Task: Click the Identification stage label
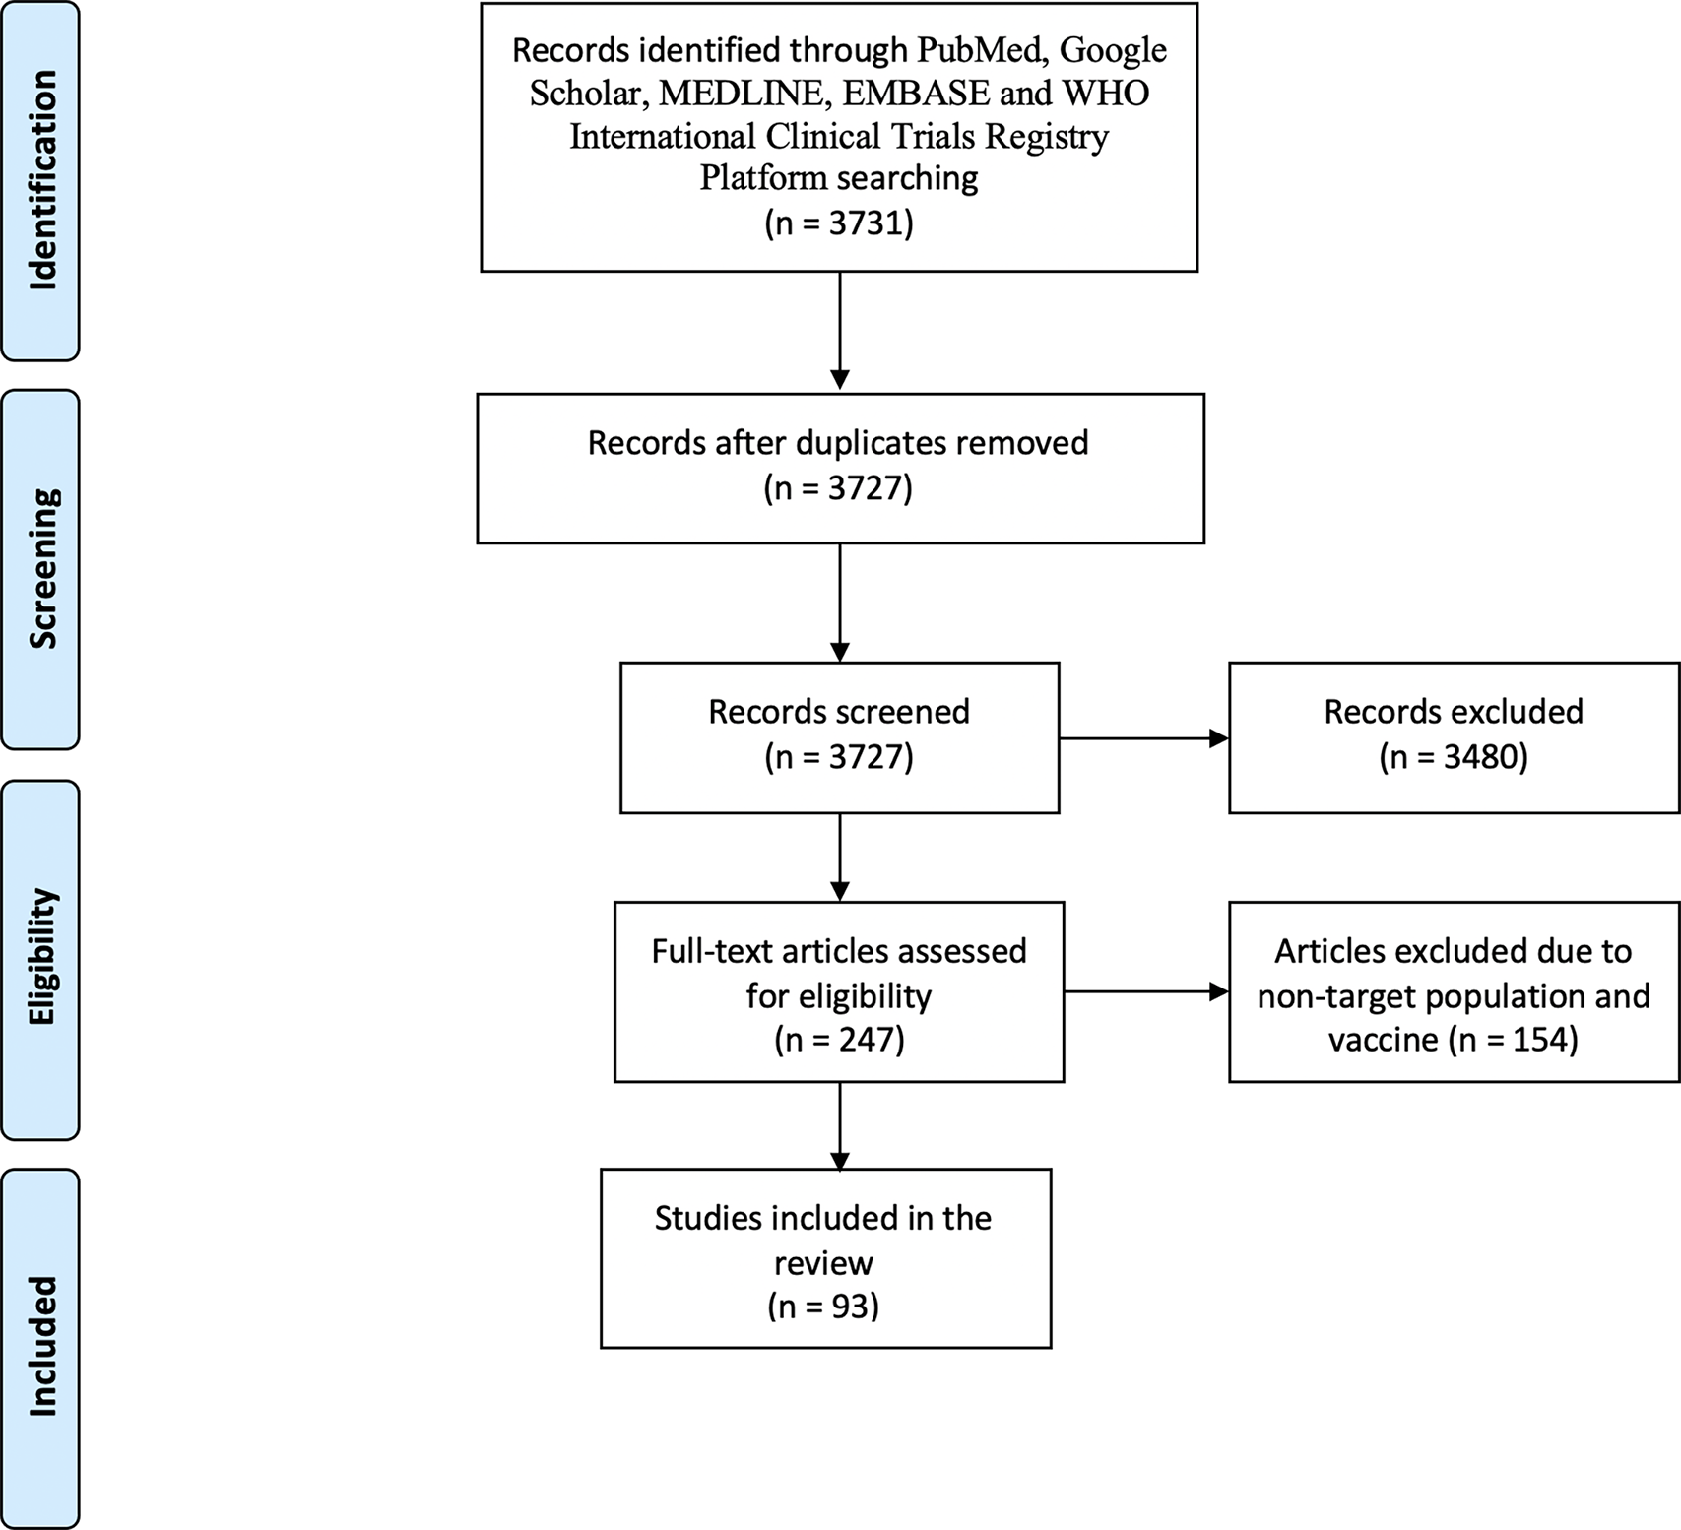41,180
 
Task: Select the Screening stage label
41,569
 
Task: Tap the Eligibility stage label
41,958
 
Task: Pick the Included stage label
41,1347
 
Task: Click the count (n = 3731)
839,223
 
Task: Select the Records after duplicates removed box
839,468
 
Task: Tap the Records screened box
839,736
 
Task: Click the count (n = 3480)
1454,757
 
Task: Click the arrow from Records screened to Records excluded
1142,738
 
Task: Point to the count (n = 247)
839,1040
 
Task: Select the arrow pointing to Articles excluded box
1145,992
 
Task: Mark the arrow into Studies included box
840,1124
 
